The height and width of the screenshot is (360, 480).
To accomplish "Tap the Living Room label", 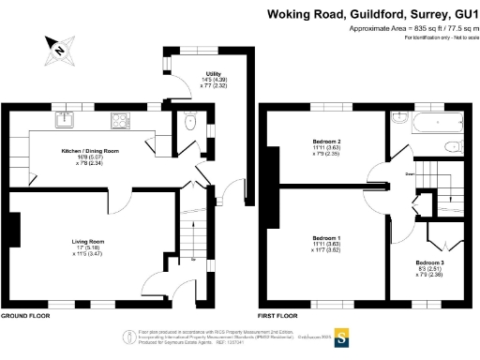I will [x=87, y=245].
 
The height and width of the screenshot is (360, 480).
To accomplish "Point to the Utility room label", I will [x=213, y=79].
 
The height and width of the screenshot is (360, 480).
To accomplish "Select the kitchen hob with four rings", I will [x=122, y=120].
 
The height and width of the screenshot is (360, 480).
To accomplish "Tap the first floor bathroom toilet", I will [x=452, y=145].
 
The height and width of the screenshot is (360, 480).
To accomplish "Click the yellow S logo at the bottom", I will [x=342, y=337].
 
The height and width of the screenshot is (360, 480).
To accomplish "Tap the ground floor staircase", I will [x=192, y=234].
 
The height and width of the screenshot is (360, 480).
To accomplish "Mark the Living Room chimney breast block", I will [x=16, y=230].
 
